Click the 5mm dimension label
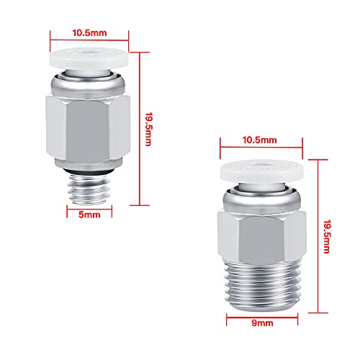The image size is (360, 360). click(89, 215)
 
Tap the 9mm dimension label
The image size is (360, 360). click(262, 323)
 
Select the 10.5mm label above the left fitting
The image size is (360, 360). click(89, 33)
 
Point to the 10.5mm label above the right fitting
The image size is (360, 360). click(259, 140)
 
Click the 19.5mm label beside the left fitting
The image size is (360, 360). click(148, 129)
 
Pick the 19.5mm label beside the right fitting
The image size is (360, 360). click(327, 236)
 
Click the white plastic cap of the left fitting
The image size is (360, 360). click(89, 58)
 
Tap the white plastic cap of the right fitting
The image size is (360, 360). click(262, 170)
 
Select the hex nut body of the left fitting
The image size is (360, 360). click(88, 127)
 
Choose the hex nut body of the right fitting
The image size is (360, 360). click(262, 236)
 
